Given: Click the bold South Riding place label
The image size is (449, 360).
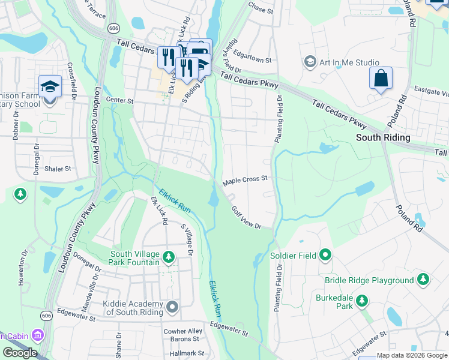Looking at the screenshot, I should pyautogui.click(x=383, y=137).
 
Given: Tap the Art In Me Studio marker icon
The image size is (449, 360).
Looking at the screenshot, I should pyautogui.click(x=310, y=62).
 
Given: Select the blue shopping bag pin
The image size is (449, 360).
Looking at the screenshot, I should pyautogui.click(x=381, y=79).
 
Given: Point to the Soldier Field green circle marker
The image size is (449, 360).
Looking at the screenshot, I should pyautogui.click(x=325, y=256).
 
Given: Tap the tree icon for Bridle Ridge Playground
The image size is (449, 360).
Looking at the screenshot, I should pyautogui.click(x=423, y=280).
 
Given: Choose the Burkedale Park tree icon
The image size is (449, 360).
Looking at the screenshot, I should pyautogui.click(x=362, y=301).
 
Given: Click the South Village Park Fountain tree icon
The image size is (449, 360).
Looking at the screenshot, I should pyautogui.click(x=169, y=258).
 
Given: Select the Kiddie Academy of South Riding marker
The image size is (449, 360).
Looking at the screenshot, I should pyautogui.click(x=172, y=308).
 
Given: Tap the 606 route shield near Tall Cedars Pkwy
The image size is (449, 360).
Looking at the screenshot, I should pyautogui.click(x=113, y=28).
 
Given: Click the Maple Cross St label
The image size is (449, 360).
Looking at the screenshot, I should pyautogui.click(x=244, y=179).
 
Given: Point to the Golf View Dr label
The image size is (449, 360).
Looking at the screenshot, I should pyautogui.click(x=247, y=217).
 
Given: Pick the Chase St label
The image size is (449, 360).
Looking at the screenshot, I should pyautogui.click(x=261, y=10).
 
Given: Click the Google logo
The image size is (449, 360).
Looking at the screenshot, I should pyautogui.click(x=20, y=353).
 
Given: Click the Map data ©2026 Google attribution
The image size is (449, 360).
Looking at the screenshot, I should pyautogui.click(x=411, y=355).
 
